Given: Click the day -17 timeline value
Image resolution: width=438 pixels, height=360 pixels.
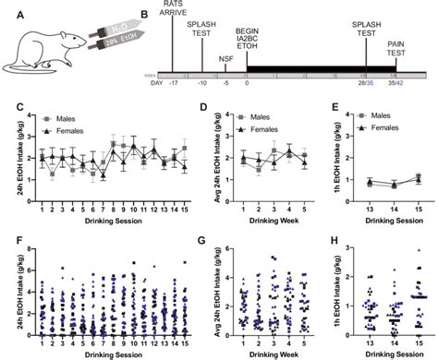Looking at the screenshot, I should [x=173, y=82].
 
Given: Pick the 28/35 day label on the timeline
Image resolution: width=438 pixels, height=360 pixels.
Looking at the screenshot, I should [x=366, y=82].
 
